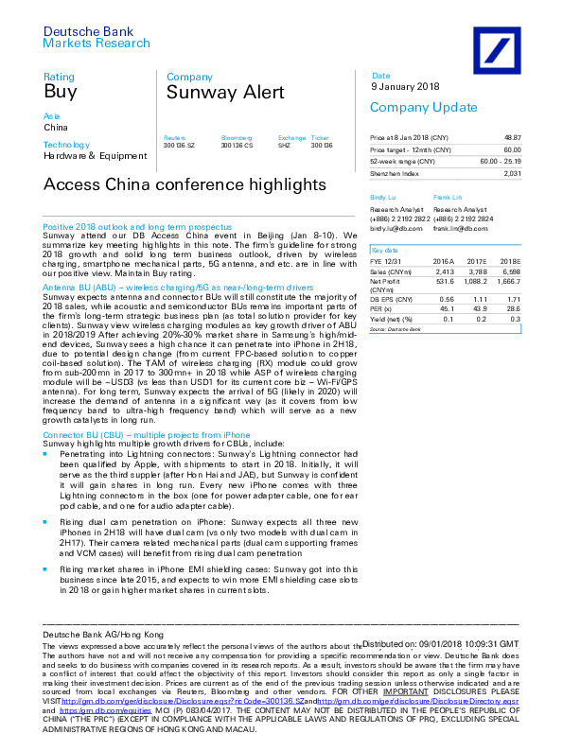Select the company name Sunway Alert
206,92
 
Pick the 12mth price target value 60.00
511,150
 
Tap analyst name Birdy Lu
381,197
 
